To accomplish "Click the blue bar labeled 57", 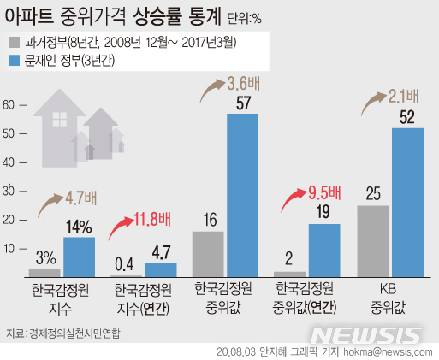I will click(x=241, y=195).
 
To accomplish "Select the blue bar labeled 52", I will click(x=406, y=202).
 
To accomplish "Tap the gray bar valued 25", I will click(x=372, y=241).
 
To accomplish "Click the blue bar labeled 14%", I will click(x=79, y=257).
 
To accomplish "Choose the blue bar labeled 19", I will click(x=324, y=250).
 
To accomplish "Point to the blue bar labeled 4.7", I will click(x=160, y=270).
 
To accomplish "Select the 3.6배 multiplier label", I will click(x=229, y=85).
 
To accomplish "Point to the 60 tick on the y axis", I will click(x=9, y=105).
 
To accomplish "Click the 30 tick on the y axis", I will click(x=9, y=192).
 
